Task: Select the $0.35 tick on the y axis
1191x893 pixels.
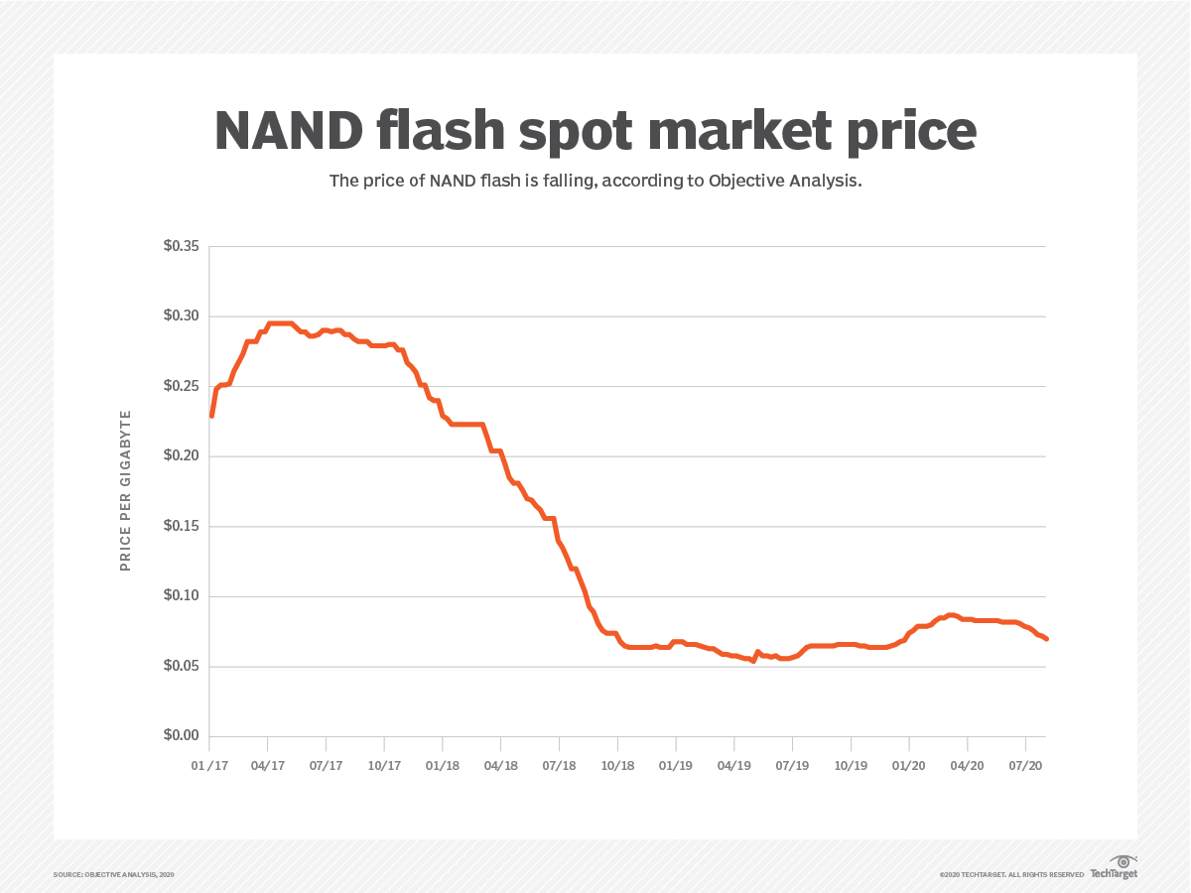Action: click(181, 246)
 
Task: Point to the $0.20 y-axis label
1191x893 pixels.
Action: click(181, 456)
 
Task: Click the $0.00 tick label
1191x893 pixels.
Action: click(181, 736)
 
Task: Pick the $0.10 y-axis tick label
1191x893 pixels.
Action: click(181, 596)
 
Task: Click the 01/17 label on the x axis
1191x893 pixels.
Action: click(209, 766)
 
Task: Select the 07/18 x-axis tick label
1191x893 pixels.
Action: click(559, 766)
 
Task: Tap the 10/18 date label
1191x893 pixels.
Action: click(617, 766)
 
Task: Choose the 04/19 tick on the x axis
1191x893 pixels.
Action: click(733, 766)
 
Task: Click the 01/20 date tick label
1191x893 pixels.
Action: click(908, 766)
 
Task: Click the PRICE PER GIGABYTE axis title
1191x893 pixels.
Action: click(125, 490)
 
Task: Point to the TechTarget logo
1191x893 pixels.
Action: click(1114, 867)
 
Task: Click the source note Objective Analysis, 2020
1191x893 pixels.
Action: click(114, 874)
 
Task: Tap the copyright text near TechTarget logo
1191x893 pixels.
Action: click(1011, 874)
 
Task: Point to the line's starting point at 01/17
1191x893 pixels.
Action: click(211, 415)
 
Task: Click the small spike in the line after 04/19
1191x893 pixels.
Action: click(757, 652)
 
